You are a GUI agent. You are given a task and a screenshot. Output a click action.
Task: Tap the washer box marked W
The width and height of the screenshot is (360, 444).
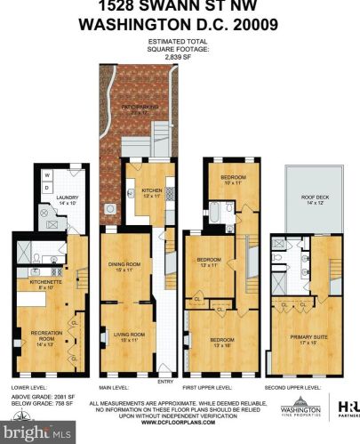47,175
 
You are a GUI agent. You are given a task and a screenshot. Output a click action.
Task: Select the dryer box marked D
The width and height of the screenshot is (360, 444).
47,187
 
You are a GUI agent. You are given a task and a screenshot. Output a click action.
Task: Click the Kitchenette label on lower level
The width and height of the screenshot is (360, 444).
44,285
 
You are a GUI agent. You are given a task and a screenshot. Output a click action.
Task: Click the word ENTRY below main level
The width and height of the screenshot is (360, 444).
165,383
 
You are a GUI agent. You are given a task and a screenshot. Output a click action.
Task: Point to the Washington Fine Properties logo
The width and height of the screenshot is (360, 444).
300,408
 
